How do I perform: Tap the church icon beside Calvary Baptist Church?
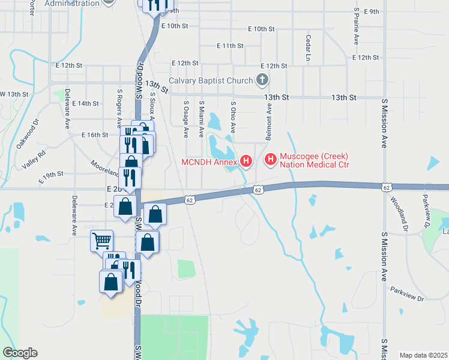coord(262,79)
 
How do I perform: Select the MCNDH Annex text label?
coord(209,161)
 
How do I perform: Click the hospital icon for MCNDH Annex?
coord(246,161)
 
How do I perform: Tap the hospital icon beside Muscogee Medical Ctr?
coord(270,160)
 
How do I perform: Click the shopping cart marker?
coord(101,241)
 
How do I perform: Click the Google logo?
coord(20,353)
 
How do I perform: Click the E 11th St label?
coord(230,46)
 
